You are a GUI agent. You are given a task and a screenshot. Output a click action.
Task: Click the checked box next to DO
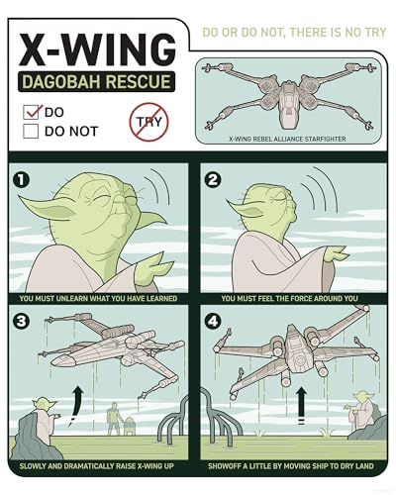(31, 112)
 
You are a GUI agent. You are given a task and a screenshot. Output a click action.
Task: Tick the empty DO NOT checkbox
(31, 131)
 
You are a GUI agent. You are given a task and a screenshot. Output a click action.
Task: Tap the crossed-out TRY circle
(148, 122)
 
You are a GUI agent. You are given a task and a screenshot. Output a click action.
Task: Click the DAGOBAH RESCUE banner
(96, 81)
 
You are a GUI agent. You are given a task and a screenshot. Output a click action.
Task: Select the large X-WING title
(97, 49)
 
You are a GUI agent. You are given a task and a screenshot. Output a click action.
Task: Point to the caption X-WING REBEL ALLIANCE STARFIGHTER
(287, 139)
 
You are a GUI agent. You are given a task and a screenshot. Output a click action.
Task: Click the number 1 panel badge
(21, 180)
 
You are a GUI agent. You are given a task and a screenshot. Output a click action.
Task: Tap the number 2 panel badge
(213, 180)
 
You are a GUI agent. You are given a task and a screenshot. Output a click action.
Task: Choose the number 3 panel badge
(21, 321)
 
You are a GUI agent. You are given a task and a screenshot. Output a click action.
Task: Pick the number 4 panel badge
(213, 321)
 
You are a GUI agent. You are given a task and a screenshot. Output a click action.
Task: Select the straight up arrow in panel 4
(301, 404)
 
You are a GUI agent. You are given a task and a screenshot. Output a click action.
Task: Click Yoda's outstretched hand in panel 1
(153, 267)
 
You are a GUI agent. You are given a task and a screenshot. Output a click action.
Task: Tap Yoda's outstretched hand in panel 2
(335, 254)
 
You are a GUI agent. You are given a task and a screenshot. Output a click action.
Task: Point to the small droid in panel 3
(129, 426)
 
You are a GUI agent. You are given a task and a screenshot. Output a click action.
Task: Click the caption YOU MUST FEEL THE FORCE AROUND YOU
(289, 299)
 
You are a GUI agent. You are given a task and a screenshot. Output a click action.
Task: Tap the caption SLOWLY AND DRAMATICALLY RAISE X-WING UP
(97, 466)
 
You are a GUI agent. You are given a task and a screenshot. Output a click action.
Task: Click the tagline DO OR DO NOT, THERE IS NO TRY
(294, 33)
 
